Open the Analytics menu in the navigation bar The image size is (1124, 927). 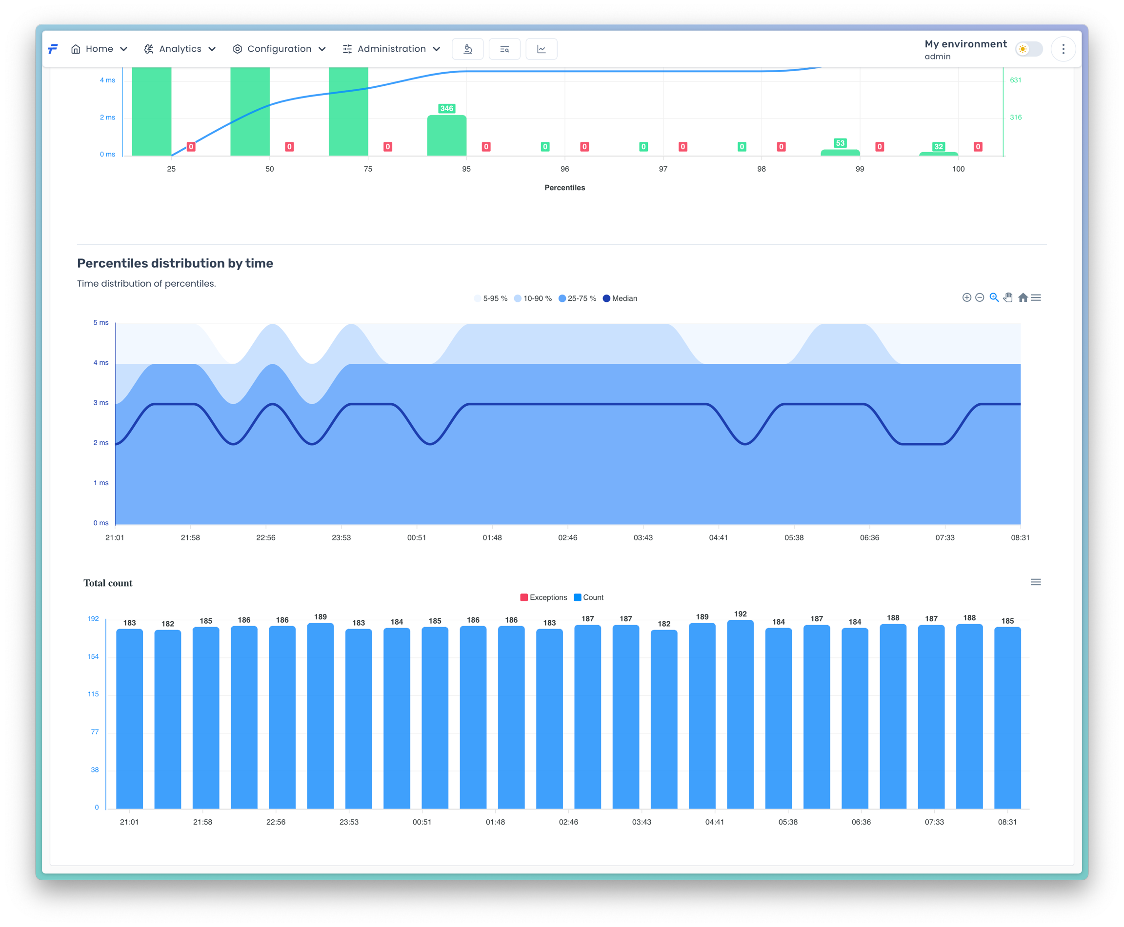[x=180, y=49]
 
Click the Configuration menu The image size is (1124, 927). [x=279, y=49]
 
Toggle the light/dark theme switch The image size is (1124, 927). [x=1028, y=49]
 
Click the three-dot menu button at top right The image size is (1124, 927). [x=1063, y=49]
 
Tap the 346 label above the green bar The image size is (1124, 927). [x=446, y=108]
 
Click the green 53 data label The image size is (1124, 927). [x=840, y=143]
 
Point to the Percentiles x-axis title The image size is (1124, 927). [x=564, y=187]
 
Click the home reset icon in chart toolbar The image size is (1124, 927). [x=1023, y=297]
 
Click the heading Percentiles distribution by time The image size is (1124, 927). [x=175, y=263]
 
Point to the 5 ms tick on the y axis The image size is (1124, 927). [x=100, y=322]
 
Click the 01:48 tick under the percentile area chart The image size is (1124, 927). [x=492, y=538]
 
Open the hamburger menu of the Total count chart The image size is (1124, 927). [x=1035, y=582]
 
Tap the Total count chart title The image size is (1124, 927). [x=107, y=583]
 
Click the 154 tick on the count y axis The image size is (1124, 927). [x=93, y=657]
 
